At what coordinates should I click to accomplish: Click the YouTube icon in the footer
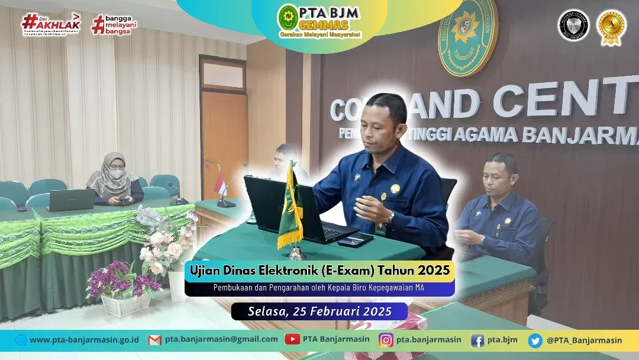(292, 339)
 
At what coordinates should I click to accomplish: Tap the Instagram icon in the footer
(386, 340)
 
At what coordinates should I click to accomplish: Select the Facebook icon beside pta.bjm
(477, 340)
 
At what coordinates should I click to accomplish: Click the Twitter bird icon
(535, 340)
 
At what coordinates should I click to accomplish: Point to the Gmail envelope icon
(155, 340)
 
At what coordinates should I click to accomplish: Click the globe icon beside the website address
(21, 340)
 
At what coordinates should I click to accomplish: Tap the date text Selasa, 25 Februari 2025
(319, 311)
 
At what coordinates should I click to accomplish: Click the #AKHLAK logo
(50, 24)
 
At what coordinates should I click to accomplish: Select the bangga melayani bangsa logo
(111, 24)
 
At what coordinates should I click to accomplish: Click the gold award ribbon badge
(611, 27)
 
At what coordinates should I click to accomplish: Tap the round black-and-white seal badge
(573, 26)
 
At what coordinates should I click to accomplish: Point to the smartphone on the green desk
(355, 240)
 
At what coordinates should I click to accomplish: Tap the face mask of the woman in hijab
(117, 174)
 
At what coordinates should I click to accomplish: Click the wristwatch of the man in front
(390, 217)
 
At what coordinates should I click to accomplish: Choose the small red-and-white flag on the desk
(220, 180)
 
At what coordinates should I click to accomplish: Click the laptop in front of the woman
(71, 200)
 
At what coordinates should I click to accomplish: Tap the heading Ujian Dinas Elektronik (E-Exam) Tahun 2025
(319, 271)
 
